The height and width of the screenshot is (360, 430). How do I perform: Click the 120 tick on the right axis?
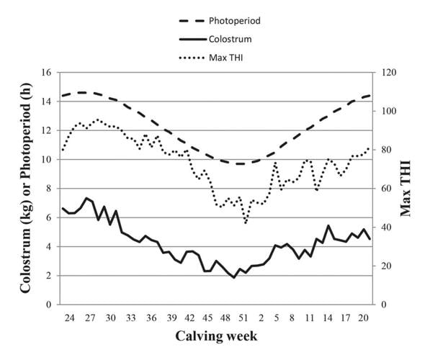click(x=389, y=73)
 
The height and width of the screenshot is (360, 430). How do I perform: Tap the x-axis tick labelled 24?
click(x=70, y=318)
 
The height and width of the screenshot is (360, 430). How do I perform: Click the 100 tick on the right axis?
click(x=389, y=112)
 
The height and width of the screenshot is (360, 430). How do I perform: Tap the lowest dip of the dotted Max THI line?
click(x=246, y=223)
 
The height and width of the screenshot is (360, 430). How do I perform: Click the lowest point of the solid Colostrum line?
click(x=233, y=277)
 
